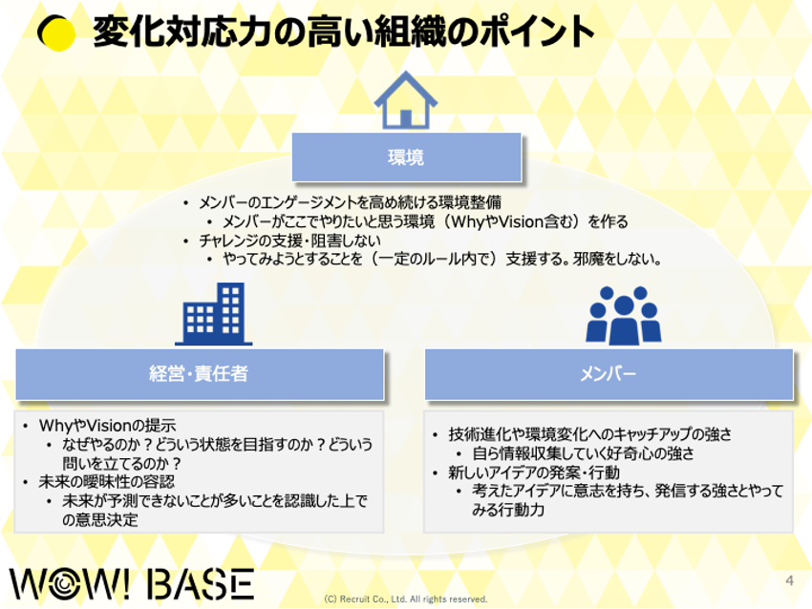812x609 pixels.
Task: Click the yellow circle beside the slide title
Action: (x=57, y=32)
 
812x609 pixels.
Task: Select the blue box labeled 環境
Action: (x=407, y=157)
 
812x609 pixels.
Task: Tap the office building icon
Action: (x=214, y=314)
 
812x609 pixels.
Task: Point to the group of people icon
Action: (x=624, y=316)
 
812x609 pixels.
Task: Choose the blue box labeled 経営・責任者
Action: (x=200, y=374)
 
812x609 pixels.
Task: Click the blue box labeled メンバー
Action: (x=609, y=374)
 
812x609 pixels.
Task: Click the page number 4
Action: (x=789, y=580)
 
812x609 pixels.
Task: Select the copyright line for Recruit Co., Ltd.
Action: (x=405, y=599)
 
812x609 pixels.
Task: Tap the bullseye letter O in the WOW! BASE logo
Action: (x=65, y=584)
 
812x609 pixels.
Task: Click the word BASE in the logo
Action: (x=201, y=584)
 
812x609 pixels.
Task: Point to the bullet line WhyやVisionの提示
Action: (x=108, y=426)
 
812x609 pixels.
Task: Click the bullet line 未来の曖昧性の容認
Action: (x=107, y=482)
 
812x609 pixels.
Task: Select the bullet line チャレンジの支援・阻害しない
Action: (x=290, y=241)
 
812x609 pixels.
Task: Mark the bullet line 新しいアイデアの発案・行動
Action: (x=534, y=472)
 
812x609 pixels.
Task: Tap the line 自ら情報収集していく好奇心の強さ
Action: (x=583, y=453)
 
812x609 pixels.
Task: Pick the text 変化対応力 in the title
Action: (x=182, y=32)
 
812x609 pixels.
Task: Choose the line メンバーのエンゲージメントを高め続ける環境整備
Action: (x=350, y=202)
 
